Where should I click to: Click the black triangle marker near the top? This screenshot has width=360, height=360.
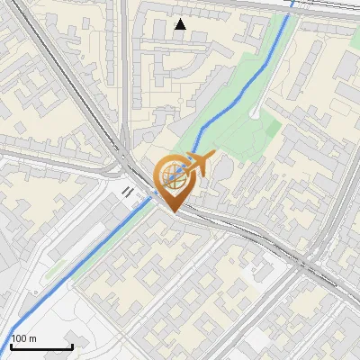tap(181, 24)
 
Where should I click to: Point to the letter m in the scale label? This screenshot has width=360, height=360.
tap(32, 338)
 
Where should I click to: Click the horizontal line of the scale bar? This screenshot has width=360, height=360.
tap(41, 346)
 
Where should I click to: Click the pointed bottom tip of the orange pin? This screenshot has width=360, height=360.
tap(173, 212)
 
